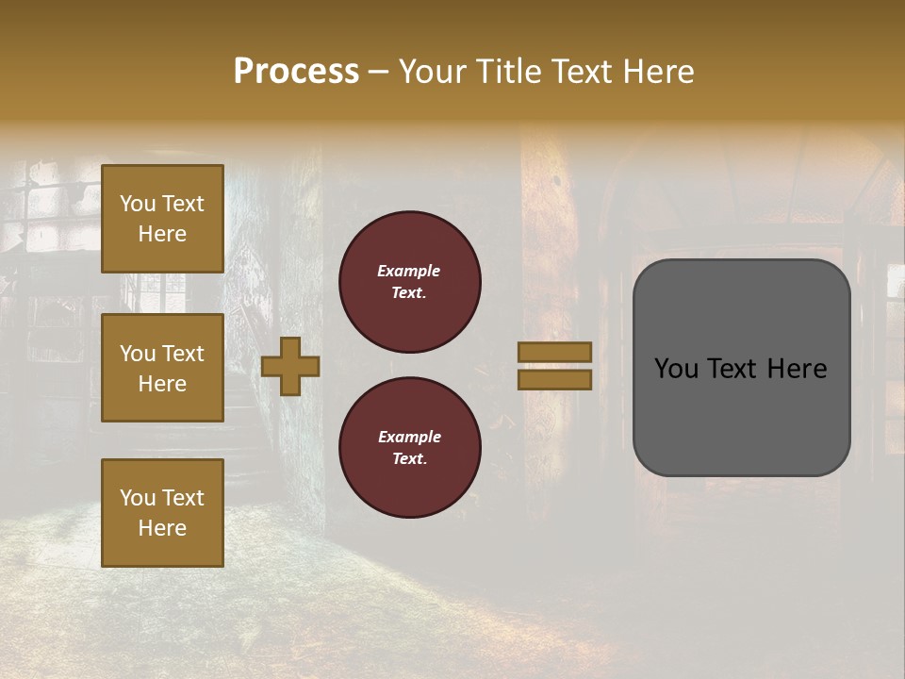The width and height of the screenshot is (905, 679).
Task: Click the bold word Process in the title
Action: (296, 71)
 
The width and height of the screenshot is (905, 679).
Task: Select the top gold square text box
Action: (162, 219)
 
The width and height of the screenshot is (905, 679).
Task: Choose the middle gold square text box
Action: (162, 368)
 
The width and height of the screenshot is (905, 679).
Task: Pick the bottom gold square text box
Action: (162, 512)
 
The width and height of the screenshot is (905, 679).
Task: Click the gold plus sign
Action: (290, 366)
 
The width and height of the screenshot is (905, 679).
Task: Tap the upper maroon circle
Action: (409, 282)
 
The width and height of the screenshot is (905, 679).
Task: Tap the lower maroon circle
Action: (409, 447)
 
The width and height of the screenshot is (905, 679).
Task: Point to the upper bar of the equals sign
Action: (554, 352)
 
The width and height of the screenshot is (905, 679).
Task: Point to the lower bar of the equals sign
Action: (554, 379)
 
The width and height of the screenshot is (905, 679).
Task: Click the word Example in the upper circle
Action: (409, 271)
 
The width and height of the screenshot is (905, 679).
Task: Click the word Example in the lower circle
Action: (409, 437)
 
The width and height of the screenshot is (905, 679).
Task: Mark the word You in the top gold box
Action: (138, 204)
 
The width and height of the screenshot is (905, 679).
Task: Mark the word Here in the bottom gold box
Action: (162, 528)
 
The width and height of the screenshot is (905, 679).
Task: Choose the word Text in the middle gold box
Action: (182, 354)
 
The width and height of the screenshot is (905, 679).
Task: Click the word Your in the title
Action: (431, 71)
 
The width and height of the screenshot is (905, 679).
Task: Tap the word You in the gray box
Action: (676, 369)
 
